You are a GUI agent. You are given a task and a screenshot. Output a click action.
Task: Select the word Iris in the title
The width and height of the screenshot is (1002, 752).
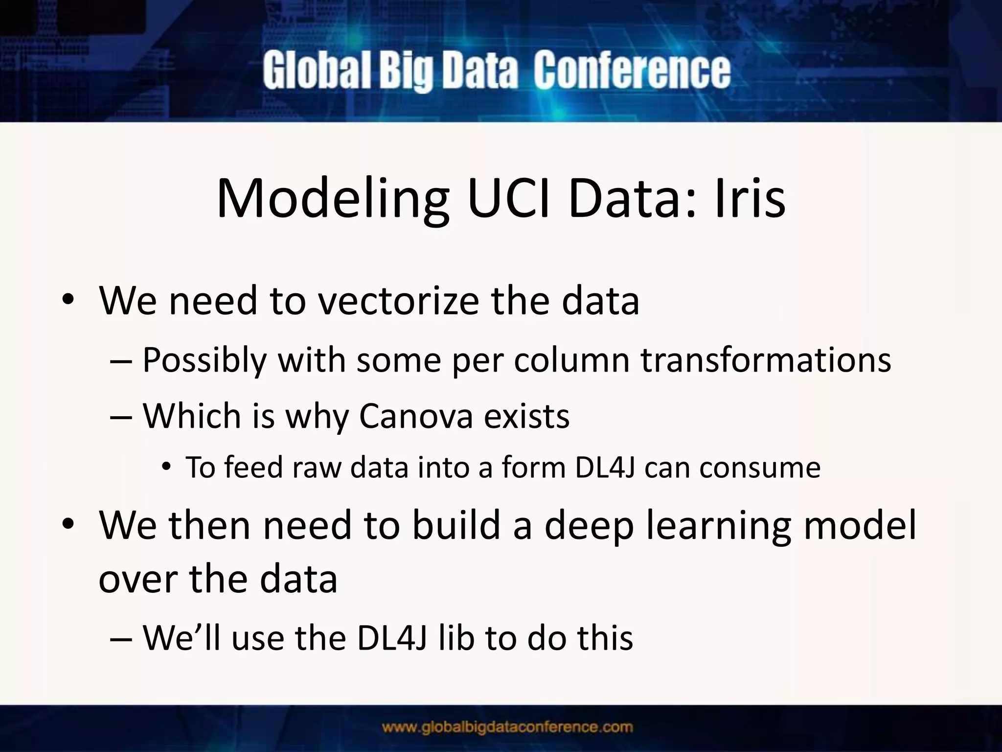750,198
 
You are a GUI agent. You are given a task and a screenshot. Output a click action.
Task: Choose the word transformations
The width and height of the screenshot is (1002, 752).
766,360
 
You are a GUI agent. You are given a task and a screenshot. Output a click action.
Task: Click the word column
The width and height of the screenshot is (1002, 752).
571,360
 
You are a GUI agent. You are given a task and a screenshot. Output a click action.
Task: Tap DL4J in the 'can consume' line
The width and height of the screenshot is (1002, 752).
605,468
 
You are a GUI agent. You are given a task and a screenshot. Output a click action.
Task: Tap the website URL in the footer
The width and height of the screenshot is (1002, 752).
507,727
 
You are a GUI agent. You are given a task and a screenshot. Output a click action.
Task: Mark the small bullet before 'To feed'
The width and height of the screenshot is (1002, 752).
166,468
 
